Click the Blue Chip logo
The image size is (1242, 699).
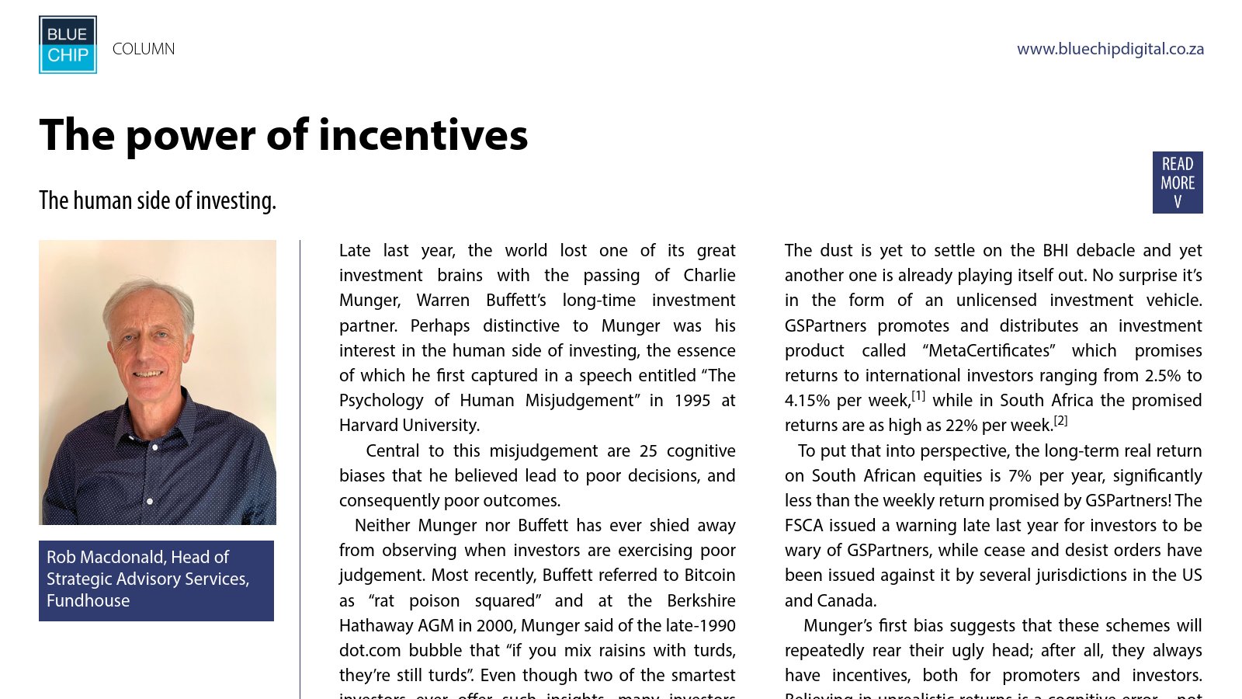click(x=68, y=45)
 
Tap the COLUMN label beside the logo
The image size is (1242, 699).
click(x=144, y=49)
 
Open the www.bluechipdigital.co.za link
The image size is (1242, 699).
click(x=1110, y=49)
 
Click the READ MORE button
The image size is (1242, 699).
click(x=1177, y=183)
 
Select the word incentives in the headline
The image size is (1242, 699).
click(x=422, y=135)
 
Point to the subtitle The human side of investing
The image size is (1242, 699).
click(x=158, y=200)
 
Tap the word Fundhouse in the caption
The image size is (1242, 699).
click(x=88, y=600)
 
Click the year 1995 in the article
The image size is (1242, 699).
click(x=692, y=401)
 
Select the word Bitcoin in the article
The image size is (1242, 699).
click(x=709, y=576)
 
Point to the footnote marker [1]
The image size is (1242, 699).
click(x=918, y=396)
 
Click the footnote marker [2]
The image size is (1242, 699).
click(x=1060, y=421)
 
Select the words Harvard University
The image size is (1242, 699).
click(x=409, y=426)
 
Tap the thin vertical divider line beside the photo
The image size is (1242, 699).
click(x=300, y=466)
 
